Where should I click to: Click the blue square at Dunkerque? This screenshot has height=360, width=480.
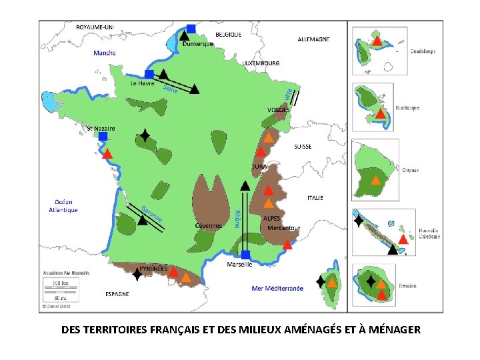(191, 28)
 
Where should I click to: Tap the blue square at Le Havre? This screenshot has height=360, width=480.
(149, 74)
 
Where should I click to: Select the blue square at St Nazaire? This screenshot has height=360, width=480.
(103, 136)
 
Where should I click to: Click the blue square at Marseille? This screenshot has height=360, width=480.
(245, 255)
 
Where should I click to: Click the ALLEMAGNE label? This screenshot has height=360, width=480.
(313, 39)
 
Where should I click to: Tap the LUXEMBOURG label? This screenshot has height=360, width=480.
(261, 63)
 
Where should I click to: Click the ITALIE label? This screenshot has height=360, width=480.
(315, 198)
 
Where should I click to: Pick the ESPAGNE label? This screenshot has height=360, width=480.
(117, 293)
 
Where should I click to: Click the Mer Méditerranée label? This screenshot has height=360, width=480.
(277, 289)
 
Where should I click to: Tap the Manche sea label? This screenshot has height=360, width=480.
(105, 53)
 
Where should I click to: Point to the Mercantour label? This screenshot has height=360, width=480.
(284, 228)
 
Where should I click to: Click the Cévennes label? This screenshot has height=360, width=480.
(209, 225)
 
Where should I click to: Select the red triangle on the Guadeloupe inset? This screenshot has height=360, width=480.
(377, 41)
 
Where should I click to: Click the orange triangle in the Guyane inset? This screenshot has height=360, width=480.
(375, 179)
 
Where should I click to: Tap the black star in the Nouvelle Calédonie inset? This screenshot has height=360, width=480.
(359, 220)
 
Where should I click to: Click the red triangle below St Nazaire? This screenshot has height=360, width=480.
(107, 153)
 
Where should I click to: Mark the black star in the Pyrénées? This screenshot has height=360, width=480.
(137, 273)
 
